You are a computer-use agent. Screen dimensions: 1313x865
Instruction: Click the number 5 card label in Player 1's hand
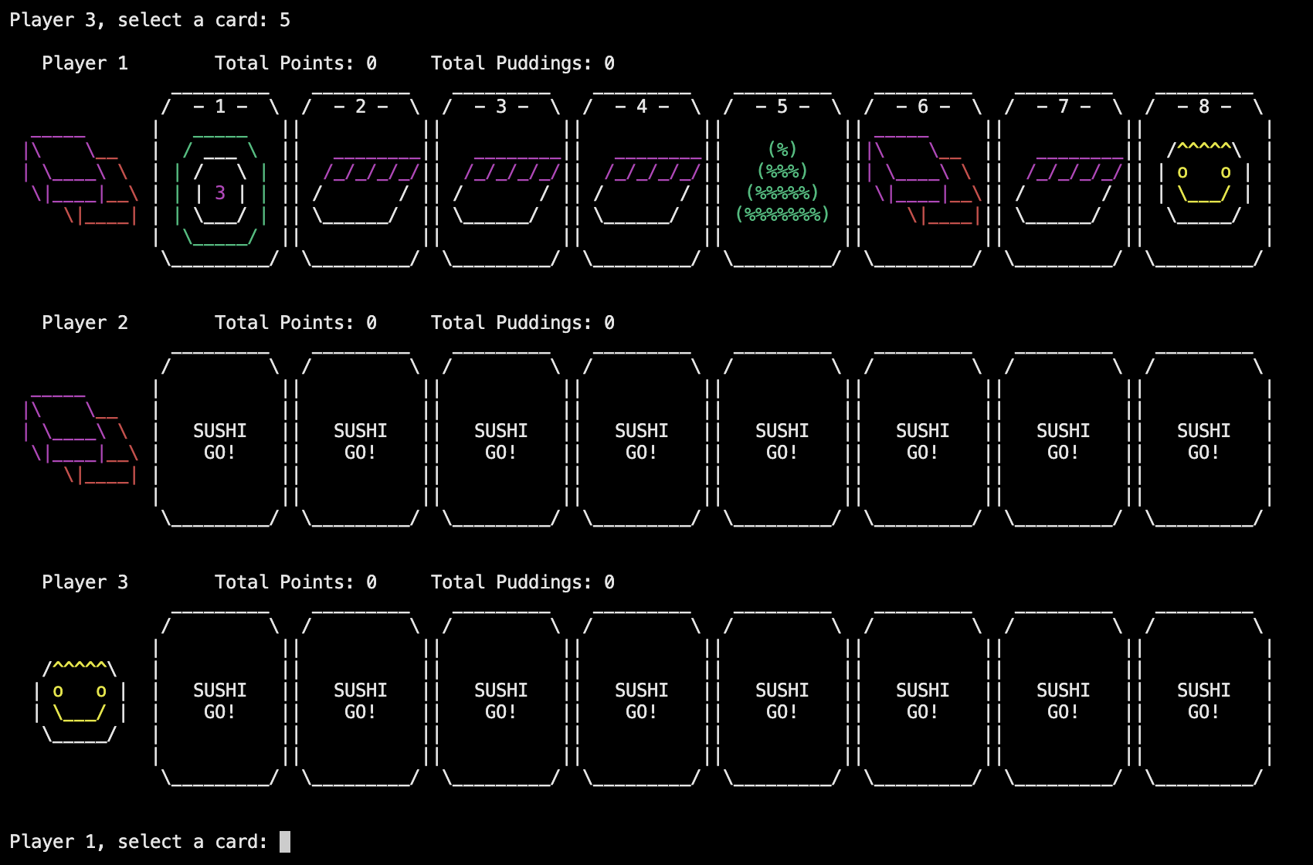[782, 107]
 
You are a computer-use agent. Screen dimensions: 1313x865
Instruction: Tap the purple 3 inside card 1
[220, 193]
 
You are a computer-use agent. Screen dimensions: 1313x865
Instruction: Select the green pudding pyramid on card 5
[782, 181]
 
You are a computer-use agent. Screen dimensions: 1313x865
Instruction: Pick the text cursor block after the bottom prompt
[285, 842]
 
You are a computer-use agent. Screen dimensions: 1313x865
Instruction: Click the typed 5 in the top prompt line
[285, 20]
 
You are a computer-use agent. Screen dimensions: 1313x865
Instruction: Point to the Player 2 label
[85, 323]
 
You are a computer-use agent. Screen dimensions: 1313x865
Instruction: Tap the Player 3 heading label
[85, 582]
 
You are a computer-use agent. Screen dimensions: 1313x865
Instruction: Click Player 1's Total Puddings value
[609, 63]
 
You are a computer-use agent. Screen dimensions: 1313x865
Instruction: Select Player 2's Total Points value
[372, 323]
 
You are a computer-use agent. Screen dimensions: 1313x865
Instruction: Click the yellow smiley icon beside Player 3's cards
[79, 702]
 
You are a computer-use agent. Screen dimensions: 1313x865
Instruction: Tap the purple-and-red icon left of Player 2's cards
[81, 439]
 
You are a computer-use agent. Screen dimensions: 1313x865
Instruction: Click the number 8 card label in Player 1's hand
[1204, 107]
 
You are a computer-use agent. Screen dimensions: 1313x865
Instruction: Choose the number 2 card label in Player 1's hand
[361, 107]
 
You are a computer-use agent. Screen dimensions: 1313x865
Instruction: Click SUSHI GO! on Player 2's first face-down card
[220, 441]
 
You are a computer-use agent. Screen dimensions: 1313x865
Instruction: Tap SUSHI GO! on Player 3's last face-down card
[1204, 701]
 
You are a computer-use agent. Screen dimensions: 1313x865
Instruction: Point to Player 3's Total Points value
[372, 582]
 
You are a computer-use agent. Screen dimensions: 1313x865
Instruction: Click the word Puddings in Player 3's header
[544, 582]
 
